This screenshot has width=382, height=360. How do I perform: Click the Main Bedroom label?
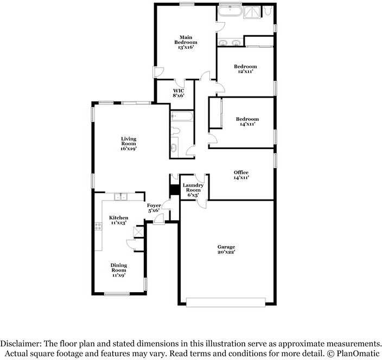[x=186, y=42]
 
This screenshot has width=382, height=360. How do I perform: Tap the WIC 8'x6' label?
[x=179, y=93]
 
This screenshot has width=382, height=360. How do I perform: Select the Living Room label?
[x=129, y=143]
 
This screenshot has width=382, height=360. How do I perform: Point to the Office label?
[x=241, y=175]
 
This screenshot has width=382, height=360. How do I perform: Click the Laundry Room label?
[x=193, y=190]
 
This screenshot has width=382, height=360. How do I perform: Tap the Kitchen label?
[x=118, y=220]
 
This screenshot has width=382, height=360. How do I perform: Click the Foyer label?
[x=154, y=208]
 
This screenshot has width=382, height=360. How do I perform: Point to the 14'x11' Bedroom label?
[x=247, y=121]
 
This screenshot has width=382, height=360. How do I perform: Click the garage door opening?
[x=226, y=301]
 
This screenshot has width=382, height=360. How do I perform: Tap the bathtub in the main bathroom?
[x=232, y=11]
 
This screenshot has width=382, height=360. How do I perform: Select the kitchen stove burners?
[x=98, y=227]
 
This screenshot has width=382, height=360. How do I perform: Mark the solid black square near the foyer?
[x=174, y=190]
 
